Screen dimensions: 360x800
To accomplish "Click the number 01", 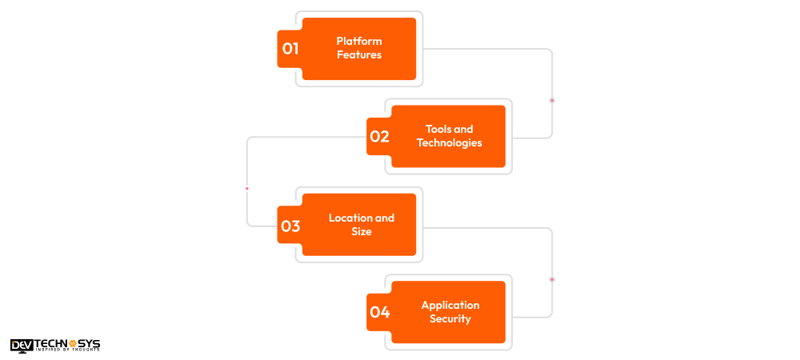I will pyautogui.click(x=290, y=49).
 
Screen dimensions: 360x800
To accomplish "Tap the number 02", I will pyautogui.click(x=379, y=137).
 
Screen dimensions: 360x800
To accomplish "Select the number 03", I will pyautogui.click(x=290, y=226).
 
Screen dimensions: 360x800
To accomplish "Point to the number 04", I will pyautogui.click(x=379, y=313).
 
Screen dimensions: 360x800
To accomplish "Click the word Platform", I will pyautogui.click(x=359, y=42).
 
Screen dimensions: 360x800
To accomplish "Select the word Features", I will pyautogui.click(x=359, y=55).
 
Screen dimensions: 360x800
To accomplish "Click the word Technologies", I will pyautogui.click(x=450, y=143).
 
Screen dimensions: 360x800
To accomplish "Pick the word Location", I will pyautogui.click(x=350, y=218).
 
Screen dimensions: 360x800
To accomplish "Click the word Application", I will pyautogui.click(x=450, y=305).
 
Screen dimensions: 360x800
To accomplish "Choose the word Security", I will pyautogui.click(x=450, y=319).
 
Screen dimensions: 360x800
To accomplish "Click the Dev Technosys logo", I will pyautogui.click(x=55, y=345).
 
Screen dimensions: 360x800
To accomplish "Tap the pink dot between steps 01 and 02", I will pyautogui.click(x=552, y=100).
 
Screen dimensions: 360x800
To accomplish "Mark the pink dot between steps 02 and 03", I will pyautogui.click(x=247, y=189).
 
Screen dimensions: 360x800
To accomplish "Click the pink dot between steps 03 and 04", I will pyautogui.click(x=552, y=279).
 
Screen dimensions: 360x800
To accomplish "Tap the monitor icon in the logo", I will pyautogui.click(x=19, y=345).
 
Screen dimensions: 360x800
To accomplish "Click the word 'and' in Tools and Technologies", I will pyautogui.click(x=464, y=129).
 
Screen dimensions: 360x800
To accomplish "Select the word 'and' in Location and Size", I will pyautogui.click(x=385, y=218).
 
